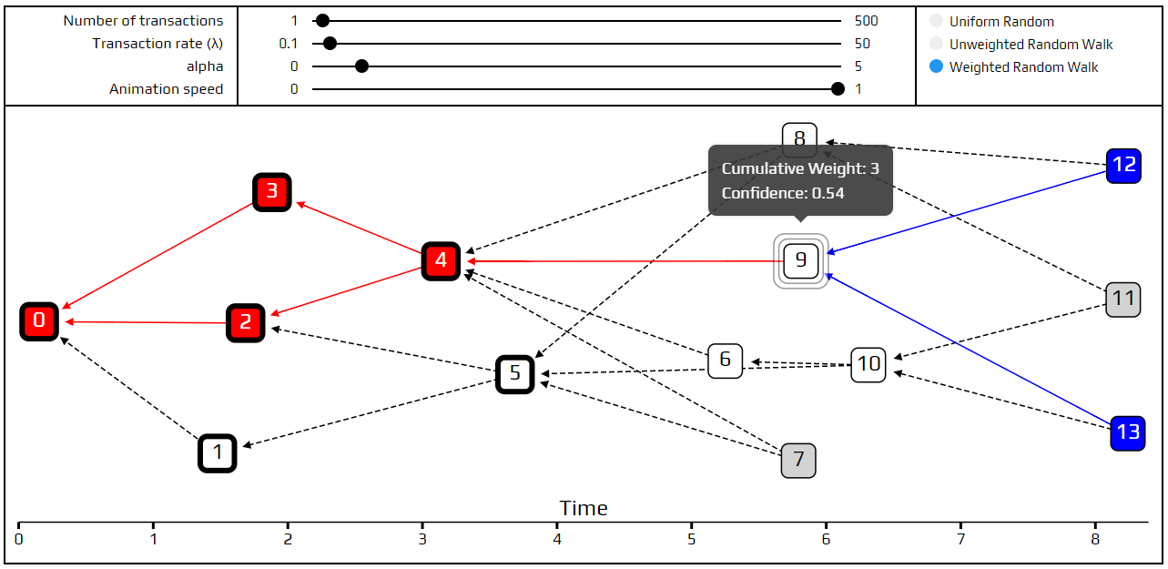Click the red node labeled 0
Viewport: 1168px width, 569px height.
pos(39,321)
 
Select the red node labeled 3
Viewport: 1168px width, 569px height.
pos(271,192)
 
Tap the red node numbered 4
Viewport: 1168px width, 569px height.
pos(441,261)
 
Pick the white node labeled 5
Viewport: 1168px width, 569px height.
pos(515,373)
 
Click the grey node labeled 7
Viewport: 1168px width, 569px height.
pos(798,461)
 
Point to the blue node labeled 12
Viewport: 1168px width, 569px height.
pos(1124,166)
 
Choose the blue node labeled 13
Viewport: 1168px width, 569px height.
pos(1128,432)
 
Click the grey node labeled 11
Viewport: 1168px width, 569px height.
pos(1123,299)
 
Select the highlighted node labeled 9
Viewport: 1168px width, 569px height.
pos(801,261)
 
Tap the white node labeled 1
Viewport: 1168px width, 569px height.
pos(218,452)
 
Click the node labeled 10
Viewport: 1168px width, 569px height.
pos(868,364)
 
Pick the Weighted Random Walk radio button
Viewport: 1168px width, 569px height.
pos(937,67)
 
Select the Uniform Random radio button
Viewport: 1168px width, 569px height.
pos(937,21)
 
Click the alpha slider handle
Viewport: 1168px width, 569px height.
pos(361,66)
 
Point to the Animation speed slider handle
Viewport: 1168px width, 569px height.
pos(838,89)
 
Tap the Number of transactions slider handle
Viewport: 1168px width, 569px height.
pos(322,21)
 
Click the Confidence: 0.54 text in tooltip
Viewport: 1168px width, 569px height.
pos(783,193)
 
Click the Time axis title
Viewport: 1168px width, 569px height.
pos(584,508)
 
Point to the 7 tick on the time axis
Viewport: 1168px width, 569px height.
pos(960,538)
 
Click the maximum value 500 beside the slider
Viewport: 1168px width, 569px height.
pos(867,21)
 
